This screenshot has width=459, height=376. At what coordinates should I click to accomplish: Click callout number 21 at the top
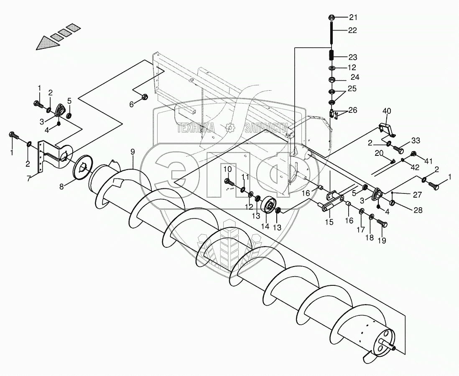[x=354, y=18]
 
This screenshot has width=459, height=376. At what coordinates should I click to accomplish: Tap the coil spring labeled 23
[x=331, y=56]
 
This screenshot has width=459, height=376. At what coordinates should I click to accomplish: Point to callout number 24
[x=355, y=77]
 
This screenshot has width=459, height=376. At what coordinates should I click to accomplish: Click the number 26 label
[x=353, y=111]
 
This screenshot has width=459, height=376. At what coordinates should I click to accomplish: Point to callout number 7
[x=29, y=178]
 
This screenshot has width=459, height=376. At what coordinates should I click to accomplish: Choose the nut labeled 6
[x=143, y=97]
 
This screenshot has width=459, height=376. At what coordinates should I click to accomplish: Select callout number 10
[x=227, y=169]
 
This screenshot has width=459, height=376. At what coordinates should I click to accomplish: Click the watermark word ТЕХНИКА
[x=196, y=128]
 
